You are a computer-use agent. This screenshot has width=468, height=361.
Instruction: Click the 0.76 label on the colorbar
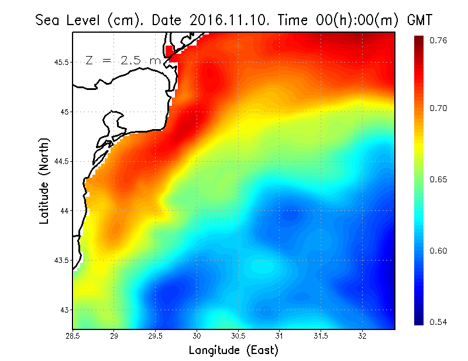(438, 40)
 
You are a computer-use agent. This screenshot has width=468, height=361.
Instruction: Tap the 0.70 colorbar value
(438, 108)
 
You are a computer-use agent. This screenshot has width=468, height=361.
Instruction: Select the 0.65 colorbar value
(438, 179)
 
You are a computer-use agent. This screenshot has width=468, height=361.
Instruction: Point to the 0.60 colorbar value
(438, 251)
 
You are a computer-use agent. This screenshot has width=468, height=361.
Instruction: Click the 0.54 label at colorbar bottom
(438, 322)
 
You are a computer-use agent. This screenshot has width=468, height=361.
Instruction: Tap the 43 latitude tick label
(64, 310)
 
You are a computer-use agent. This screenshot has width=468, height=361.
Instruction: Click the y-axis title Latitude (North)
(44, 181)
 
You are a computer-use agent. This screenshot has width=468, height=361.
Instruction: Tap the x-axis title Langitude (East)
(233, 350)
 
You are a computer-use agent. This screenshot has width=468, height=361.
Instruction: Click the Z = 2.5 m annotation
(122, 60)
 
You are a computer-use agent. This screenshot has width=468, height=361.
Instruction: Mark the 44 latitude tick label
(64, 210)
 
